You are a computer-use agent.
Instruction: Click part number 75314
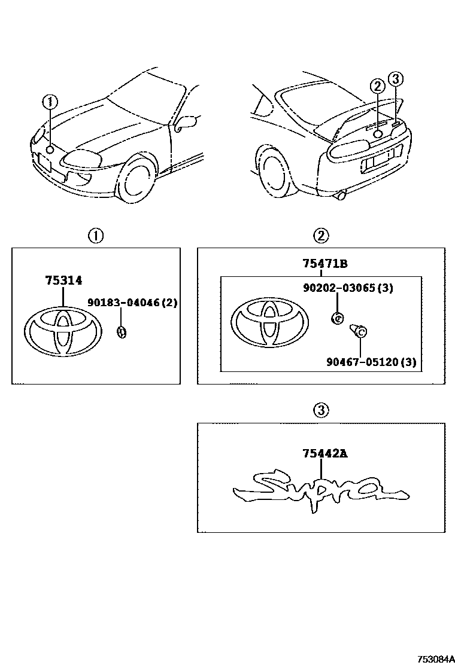[63, 280]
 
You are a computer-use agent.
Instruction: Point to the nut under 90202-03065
[337, 318]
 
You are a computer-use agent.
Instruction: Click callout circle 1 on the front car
[50, 102]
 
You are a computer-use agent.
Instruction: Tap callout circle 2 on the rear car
[377, 86]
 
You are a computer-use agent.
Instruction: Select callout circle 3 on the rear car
[395, 79]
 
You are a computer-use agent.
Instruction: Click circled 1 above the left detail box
[96, 236]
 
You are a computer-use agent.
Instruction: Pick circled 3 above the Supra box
[321, 410]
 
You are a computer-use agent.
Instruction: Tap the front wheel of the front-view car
[136, 178]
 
